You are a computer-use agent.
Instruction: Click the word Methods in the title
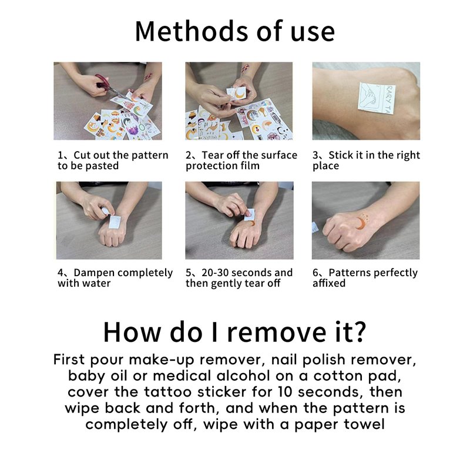192,31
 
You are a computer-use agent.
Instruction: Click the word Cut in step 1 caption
82,155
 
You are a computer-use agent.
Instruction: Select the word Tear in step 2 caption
213,155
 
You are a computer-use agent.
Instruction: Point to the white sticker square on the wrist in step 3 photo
377,98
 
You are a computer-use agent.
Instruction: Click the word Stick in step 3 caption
341,155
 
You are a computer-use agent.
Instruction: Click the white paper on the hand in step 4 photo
114,222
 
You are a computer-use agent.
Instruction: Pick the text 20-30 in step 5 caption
215,273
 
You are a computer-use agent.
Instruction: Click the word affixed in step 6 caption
329,283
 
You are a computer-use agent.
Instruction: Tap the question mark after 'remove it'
359,331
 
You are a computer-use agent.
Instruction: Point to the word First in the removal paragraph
69,360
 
